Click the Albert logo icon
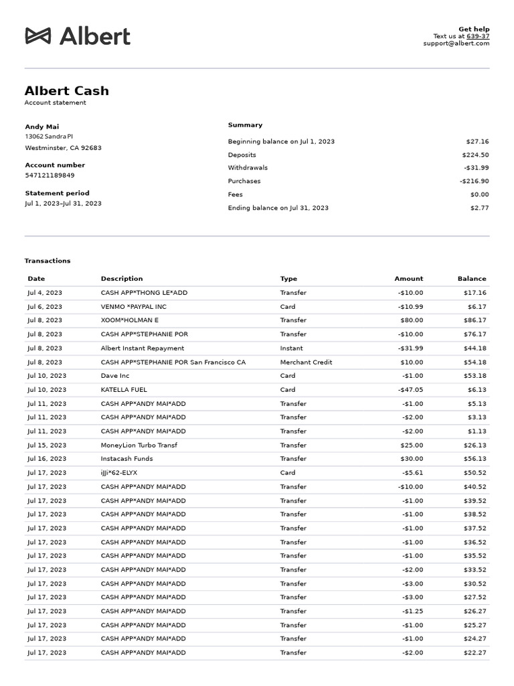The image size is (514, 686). click(x=38, y=36)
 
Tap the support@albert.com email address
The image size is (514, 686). click(x=456, y=44)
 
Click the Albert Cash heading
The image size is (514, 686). click(x=66, y=90)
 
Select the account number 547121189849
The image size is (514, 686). click(x=50, y=176)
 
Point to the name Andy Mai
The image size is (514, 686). click(x=42, y=127)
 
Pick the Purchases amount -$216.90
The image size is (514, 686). click(x=474, y=181)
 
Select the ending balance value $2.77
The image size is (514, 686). click(x=479, y=208)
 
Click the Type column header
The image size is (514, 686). click(x=288, y=279)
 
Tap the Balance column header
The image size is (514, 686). click(x=471, y=279)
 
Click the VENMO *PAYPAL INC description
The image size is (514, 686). click(x=133, y=307)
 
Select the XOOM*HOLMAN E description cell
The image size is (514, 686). click(x=130, y=320)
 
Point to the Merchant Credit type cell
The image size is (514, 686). click(x=306, y=362)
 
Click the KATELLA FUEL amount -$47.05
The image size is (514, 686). click(x=410, y=390)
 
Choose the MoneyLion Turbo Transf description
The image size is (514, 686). click(x=139, y=445)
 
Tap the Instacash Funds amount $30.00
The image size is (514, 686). click(x=412, y=459)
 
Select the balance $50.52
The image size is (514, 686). click(x=475, y=473)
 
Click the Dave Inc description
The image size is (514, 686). click(x=115, y=376)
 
